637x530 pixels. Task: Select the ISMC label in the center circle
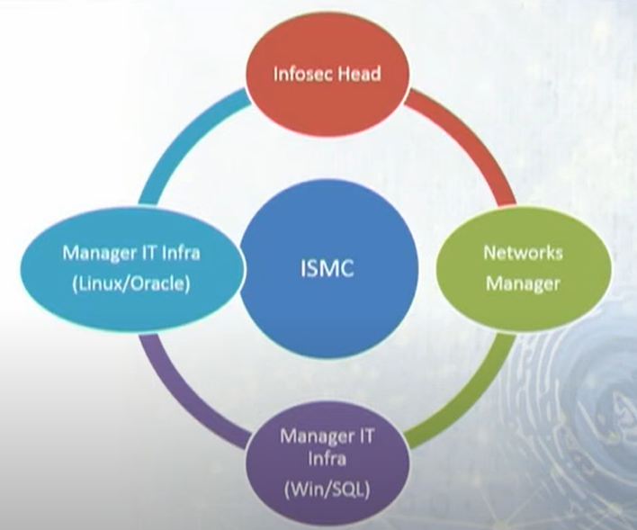tap(327, 268)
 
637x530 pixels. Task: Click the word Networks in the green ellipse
tap(523, 253)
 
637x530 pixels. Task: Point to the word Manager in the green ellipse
tap(523, 283)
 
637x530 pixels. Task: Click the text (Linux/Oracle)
tap(130, 284)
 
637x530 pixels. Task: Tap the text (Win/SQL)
tap(327, 490)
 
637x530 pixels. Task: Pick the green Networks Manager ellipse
tap(524, 269)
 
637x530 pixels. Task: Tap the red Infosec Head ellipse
tap(327, 75)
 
